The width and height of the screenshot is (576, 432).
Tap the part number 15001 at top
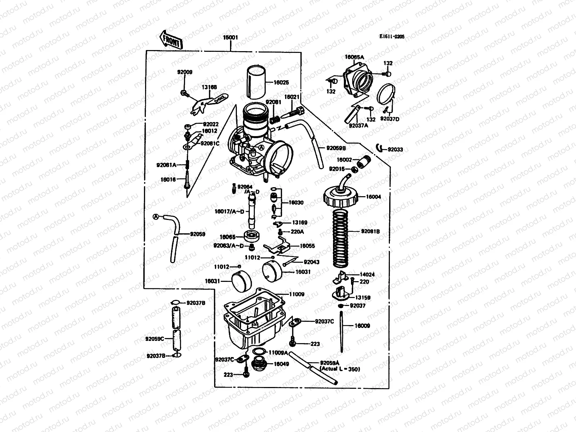(x=230, y=37)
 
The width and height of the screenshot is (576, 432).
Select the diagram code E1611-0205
(x=392, y=36)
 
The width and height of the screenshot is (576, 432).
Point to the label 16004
(x=373, y=197)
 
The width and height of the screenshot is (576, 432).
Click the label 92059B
(x=336, y=148)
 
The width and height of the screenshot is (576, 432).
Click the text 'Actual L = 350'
(x=340, y=369)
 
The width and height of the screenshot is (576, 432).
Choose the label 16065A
(x=354, y=57)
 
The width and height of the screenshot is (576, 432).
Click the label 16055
(x=307, y=246)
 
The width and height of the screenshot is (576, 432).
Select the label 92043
(x=311, y=262)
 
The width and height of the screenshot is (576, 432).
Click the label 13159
(x=363, y=298)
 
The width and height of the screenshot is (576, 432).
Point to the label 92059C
(x=155, y=339)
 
